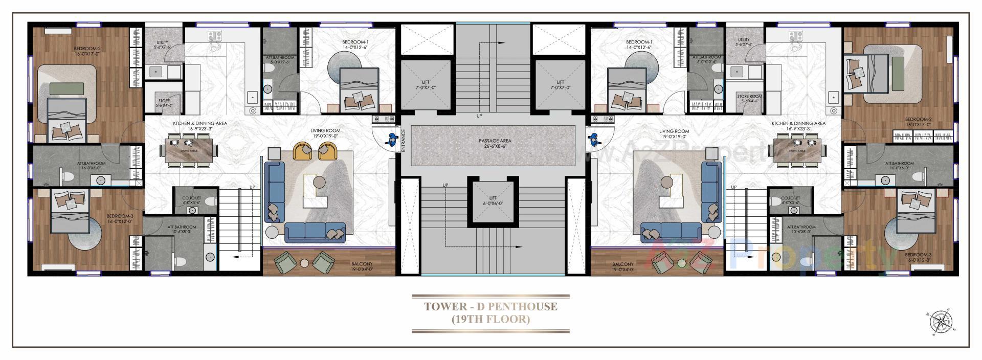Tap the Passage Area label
(x=495, y=143)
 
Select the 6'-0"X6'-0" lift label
(x=493, y=200)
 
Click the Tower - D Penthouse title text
(x=490, y=307)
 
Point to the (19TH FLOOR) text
(x=490, y=320)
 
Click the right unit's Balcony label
(x=622, y=266)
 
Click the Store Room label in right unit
(x=749, y=98)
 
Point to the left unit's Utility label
(x=163, y=43)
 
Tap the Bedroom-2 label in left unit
(x=87, y=51)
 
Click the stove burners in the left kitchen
(x=215, y=36)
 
